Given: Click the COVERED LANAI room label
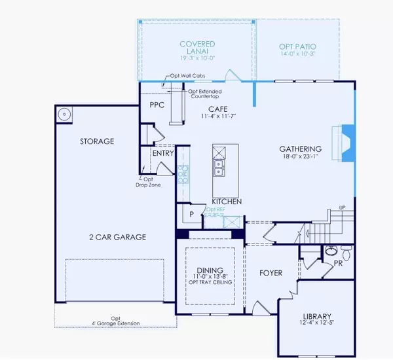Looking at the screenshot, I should tap(197, 45).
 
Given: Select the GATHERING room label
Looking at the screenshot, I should tap(302, 149).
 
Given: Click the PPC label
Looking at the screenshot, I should tap(157, 104).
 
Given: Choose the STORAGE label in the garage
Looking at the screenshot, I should tap(97, 141).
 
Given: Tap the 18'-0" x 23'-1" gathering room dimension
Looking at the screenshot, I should tap(302, 157).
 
